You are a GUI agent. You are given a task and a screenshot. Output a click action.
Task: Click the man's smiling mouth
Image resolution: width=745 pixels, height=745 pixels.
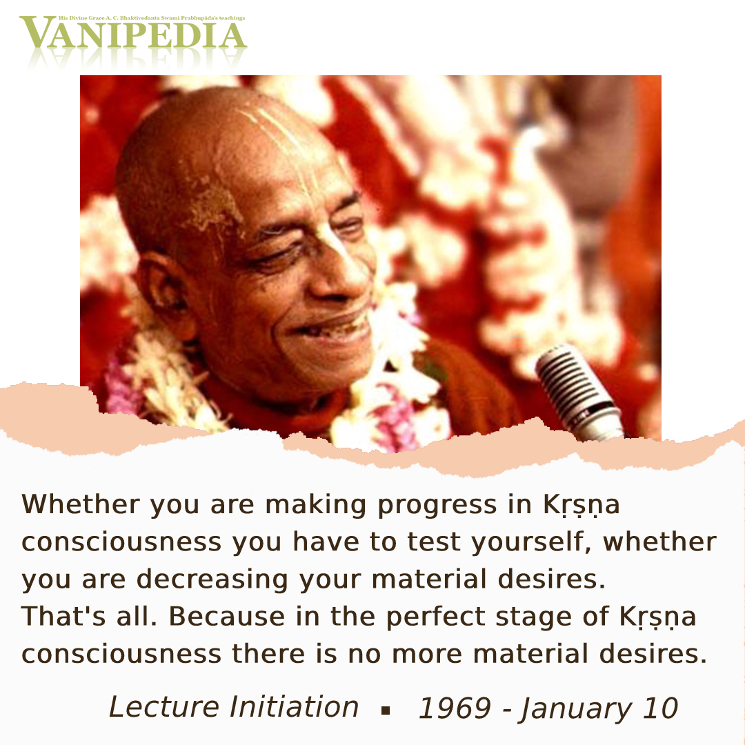click(x=332, y=328)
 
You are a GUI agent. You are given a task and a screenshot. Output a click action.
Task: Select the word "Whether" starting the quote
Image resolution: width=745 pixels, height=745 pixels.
click(x=81, y=504)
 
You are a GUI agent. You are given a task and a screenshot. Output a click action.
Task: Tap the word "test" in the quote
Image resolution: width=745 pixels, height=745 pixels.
click(x=435, y=542)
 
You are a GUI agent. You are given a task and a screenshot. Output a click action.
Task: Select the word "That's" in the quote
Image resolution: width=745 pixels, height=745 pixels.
click(x=63, y=616)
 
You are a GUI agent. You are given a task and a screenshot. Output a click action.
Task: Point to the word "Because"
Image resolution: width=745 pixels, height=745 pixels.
click(x=227, y=616)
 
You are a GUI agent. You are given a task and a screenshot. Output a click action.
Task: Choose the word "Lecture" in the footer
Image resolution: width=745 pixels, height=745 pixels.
click(x=165, y=707)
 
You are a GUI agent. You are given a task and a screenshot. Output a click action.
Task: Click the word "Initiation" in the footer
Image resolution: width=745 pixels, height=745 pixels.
click(x=294, y=707)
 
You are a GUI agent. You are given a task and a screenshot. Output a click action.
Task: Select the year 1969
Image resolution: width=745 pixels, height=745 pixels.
click(x=454, y=708)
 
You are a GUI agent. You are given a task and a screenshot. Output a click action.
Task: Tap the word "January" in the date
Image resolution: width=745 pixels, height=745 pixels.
click(x=577, y=710)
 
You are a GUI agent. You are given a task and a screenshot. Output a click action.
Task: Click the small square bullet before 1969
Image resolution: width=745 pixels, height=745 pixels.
click(x=386, y=711)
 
